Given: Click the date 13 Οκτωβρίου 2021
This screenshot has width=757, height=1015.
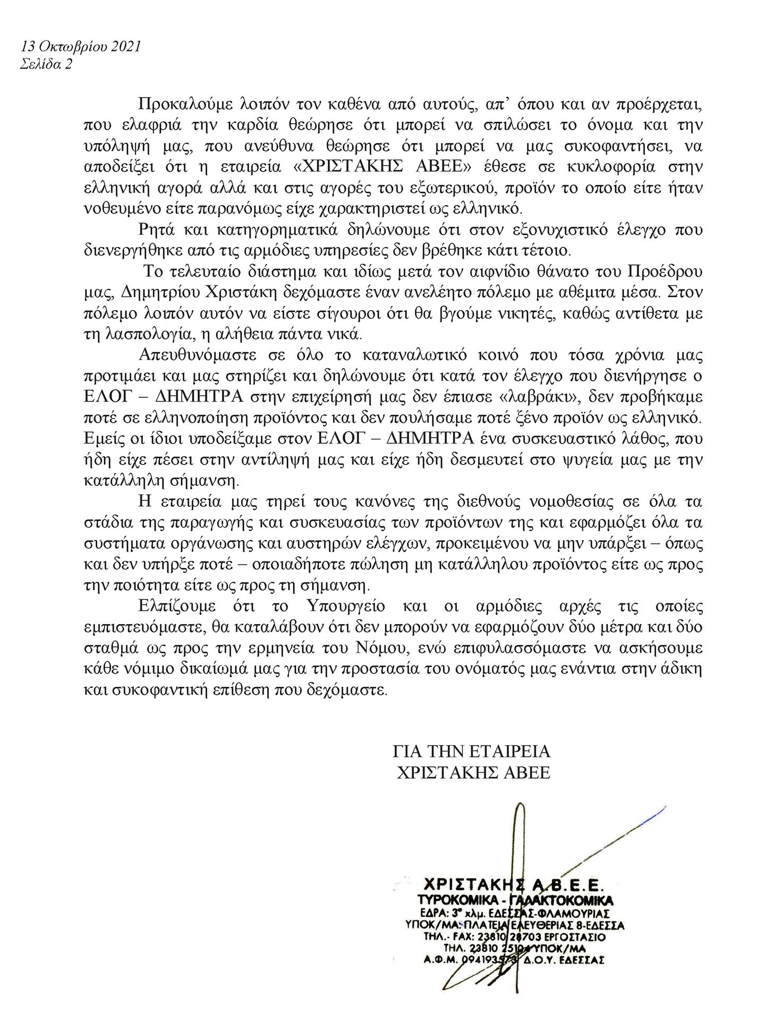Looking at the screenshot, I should pyautogui.click(x=81, y=46).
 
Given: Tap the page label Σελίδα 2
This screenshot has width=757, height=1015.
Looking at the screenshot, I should pyautogui.click(x=46, y=64).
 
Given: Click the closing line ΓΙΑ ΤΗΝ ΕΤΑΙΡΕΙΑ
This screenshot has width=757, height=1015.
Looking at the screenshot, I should pyautogui.click(x=472, y=751).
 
